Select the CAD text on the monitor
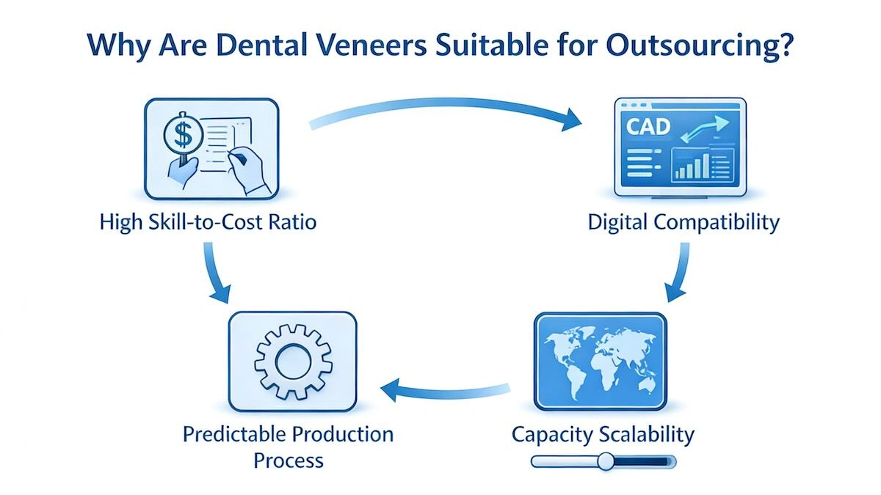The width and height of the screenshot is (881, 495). (648, 125)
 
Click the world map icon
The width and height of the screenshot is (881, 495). (600, 360)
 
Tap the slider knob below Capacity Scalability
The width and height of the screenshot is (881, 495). (606, 461)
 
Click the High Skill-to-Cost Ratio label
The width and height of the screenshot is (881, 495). (208, 221)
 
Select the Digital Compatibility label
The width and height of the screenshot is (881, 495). (684, 221)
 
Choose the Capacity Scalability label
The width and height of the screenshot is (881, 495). (603, 434)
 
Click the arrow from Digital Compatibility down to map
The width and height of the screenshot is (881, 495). (679, 271)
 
